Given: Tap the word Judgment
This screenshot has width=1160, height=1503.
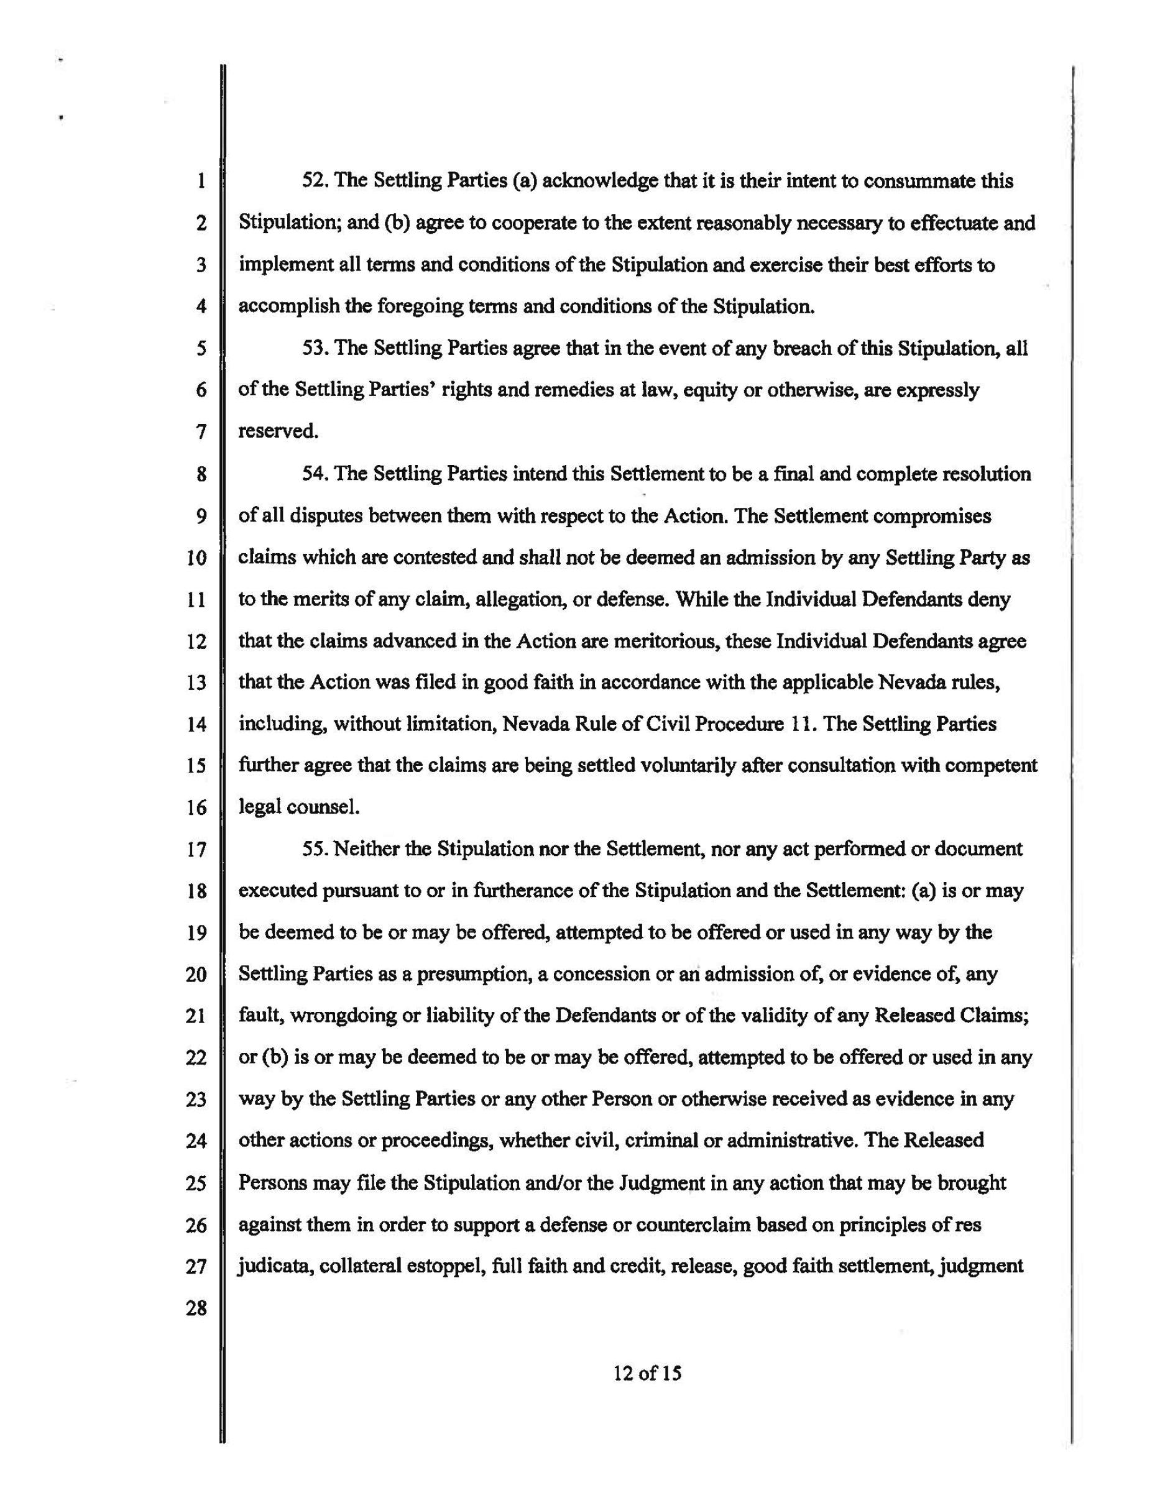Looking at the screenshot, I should pos(661,1183).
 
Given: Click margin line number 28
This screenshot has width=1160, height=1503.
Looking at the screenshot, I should pos(196,1308).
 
